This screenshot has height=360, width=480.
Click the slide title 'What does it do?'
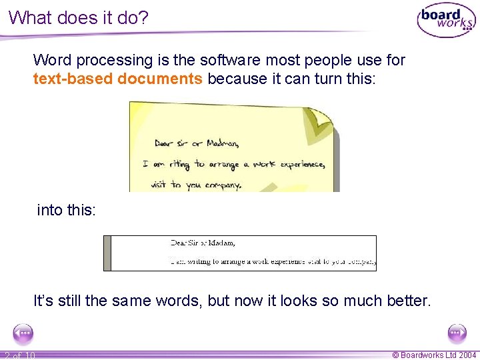(x=79, y=17)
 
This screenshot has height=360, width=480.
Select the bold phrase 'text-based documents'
(x=117, y=79)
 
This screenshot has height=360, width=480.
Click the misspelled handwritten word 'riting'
(x=177, y=163)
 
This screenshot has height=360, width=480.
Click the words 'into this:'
(x=67, y=210)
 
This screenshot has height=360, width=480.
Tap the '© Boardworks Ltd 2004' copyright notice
(x=434, y=355)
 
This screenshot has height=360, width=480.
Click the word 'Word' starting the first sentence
(x=53, y=60)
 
